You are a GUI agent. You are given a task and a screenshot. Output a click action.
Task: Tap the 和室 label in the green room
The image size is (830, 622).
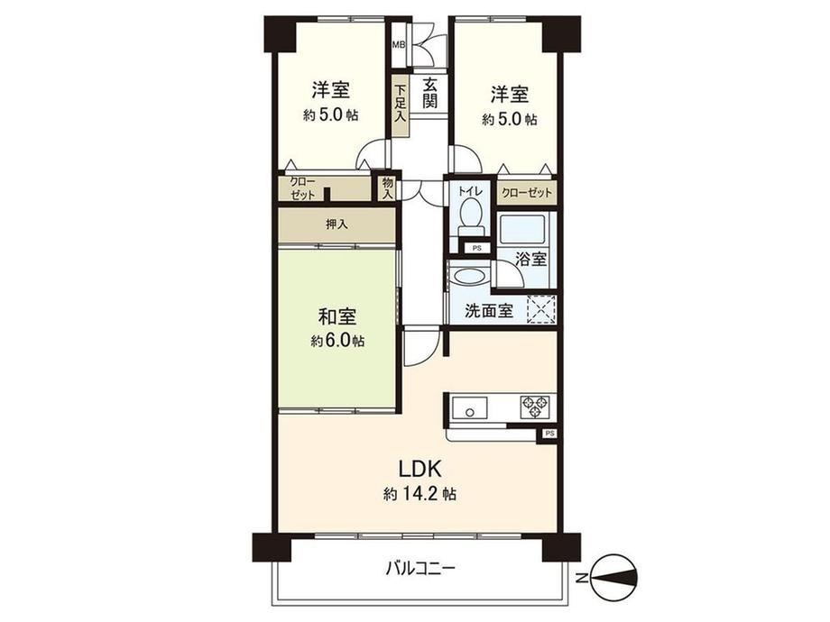pos(337,316)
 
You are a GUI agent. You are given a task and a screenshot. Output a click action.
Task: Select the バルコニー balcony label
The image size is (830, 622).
pos(420,569)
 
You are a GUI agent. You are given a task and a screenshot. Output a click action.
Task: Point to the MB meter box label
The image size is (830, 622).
pos(398,44)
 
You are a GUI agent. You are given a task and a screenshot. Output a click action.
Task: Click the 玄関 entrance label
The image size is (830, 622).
pos(431,93)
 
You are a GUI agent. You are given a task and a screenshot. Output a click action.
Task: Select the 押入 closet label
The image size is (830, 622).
pos(337,224)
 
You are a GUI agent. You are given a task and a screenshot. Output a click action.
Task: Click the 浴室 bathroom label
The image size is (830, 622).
pos(530,260)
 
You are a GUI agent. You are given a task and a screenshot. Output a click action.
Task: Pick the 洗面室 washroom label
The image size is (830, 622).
pos(489,310)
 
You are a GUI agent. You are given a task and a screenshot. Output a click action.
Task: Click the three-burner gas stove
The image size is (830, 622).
pos(538,407)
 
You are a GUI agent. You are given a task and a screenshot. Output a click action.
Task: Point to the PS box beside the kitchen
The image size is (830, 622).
pos(549,434)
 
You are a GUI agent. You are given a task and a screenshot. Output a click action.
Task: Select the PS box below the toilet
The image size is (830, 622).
pos(477,248)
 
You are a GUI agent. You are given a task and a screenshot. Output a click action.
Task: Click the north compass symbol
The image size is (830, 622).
pos(613,577)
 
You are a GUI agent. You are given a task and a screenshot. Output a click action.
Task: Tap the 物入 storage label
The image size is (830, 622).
pos(388,188)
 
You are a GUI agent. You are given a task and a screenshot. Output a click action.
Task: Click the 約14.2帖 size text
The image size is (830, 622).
pos(420,495)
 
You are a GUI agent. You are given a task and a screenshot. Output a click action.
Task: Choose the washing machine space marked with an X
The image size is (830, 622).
pos(541,309)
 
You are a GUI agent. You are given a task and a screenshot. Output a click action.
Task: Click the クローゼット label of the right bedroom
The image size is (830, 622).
pos(527,193)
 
